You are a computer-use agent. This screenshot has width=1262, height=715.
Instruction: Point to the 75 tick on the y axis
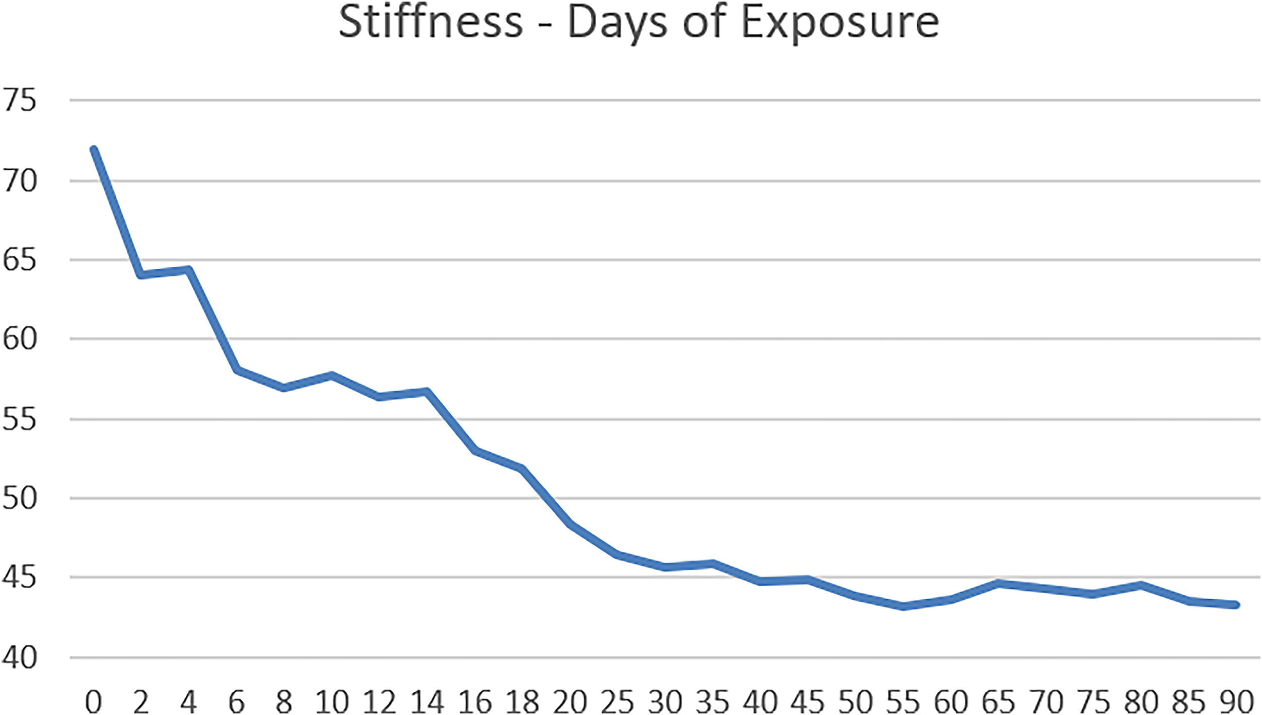pos(20,100)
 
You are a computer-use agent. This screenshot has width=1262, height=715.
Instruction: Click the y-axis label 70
pos(20,181)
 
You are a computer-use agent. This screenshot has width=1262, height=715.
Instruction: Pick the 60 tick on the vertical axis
pos(20,339)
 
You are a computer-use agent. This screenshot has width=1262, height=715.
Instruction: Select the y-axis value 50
pos(20,498)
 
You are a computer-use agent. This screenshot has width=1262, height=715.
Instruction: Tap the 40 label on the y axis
pos(20,657)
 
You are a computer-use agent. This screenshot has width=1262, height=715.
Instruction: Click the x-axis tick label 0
pos(93,701)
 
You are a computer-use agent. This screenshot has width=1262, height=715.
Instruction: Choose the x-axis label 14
pos(427,701)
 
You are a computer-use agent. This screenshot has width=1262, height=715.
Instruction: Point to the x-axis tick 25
pos(617,701)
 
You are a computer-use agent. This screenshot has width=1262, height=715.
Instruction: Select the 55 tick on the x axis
pos(903,701)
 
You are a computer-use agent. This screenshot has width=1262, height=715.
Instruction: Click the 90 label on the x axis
pos(1237,701)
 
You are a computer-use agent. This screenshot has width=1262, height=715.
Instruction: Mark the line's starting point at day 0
pos(93,149)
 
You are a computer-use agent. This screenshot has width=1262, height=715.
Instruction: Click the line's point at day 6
pos(236,370)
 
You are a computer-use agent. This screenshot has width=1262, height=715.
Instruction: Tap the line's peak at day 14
pos(427,391)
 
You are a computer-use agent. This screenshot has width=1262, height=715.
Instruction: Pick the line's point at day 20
pos(570,525)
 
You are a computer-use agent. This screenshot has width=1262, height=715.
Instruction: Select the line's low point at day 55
pos(903,606)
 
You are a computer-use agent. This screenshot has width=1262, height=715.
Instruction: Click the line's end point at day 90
pos(1237,605)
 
